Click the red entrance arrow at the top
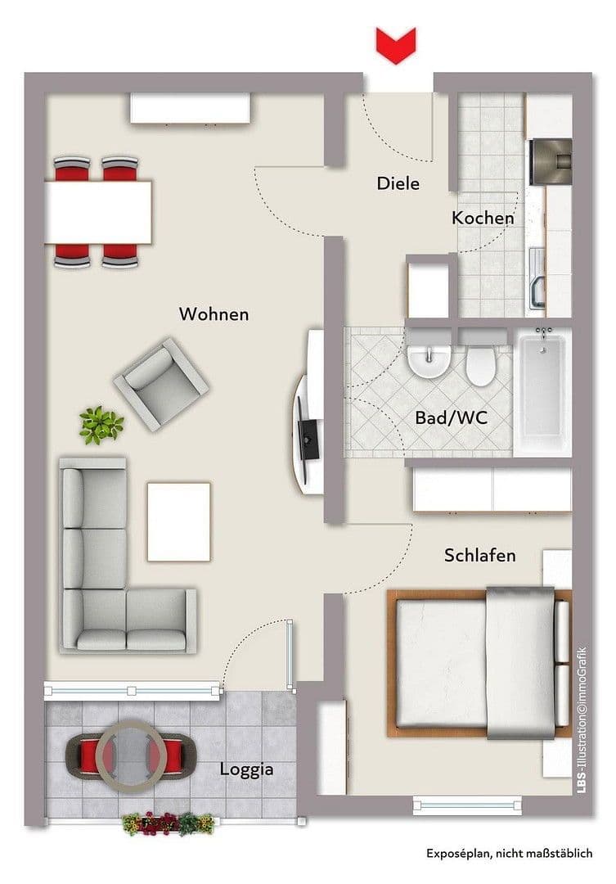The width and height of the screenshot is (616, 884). tap(396, 44)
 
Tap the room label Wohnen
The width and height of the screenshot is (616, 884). tap(214, 314)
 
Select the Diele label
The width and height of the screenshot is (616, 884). tap(398, 183)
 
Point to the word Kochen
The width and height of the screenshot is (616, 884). tap(483, 218)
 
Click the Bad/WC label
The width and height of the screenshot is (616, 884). tap(451, 417)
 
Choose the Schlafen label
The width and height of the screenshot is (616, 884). tap(479, 556)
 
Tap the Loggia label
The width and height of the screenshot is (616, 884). tap(246, 769)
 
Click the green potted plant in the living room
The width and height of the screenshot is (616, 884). tap(101, 425)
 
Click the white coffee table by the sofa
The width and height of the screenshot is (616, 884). tap(178, 522)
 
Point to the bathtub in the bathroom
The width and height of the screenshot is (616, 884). tap(542, 391)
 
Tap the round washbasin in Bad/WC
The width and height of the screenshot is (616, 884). tap(429, 361)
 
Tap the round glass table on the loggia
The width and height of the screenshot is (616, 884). tap(131, 751)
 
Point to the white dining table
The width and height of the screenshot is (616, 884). tap(98, 212)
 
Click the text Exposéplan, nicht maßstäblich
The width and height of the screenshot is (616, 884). tap(509, 854)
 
